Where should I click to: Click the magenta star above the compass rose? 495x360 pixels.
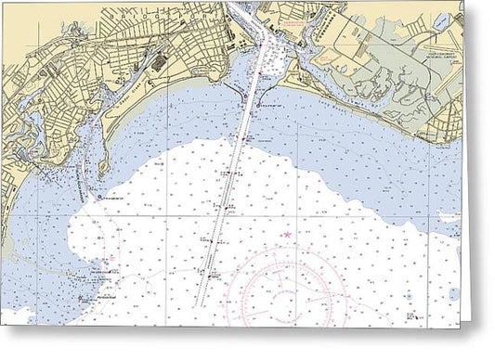pos(287,235)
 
